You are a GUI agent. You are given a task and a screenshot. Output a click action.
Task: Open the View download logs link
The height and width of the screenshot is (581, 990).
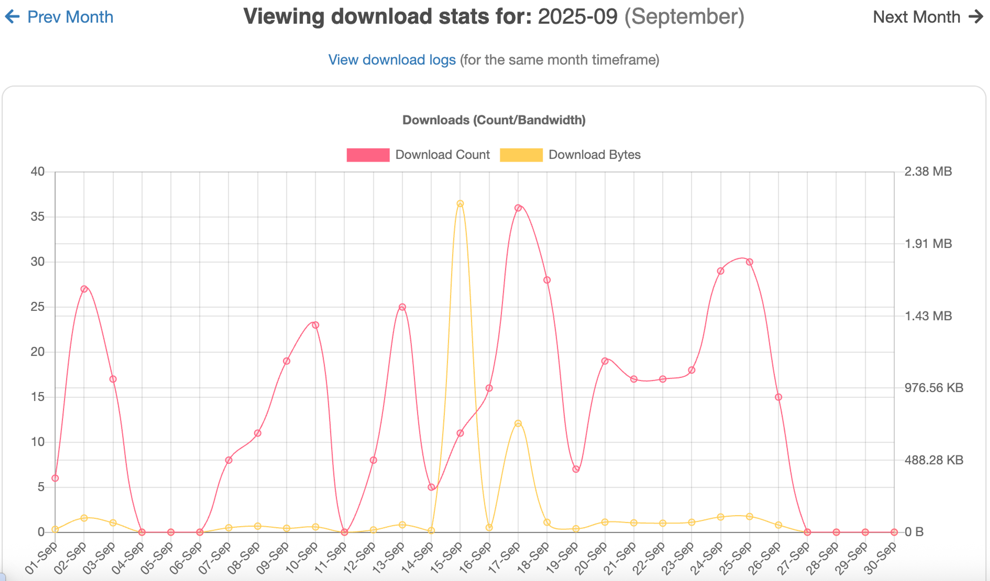click(392, 60)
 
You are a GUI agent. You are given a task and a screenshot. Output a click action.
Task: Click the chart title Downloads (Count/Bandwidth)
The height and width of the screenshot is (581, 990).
click(494, 120)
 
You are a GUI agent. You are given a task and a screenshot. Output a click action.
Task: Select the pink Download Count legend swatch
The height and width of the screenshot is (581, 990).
click(368, 155)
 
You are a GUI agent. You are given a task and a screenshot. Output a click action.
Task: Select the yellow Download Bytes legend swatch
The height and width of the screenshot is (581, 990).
click(521, 155)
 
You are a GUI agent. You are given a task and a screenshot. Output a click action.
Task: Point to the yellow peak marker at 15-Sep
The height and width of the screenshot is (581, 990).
click(460, 203)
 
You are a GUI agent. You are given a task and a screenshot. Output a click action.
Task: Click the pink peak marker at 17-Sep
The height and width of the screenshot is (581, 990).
click(518, 208)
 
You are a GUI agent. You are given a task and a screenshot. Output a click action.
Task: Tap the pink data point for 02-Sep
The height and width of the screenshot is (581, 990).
click(84, 289)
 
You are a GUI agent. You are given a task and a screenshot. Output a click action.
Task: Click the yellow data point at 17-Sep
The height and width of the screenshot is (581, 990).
click(518, 423)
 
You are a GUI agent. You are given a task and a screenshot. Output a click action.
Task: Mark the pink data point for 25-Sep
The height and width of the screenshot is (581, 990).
click(749, 262)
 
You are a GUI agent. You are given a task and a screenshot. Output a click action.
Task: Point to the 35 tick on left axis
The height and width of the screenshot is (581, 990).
click(37, 216)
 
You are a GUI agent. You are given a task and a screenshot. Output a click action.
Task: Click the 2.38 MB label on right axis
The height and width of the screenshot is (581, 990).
click(928, 171)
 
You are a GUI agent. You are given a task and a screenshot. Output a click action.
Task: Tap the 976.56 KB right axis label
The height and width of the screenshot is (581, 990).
click(934, 388)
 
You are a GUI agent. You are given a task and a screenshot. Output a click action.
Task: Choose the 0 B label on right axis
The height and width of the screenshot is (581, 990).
click(914, 532)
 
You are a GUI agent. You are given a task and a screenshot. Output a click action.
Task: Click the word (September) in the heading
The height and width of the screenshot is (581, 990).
click(684, 17)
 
